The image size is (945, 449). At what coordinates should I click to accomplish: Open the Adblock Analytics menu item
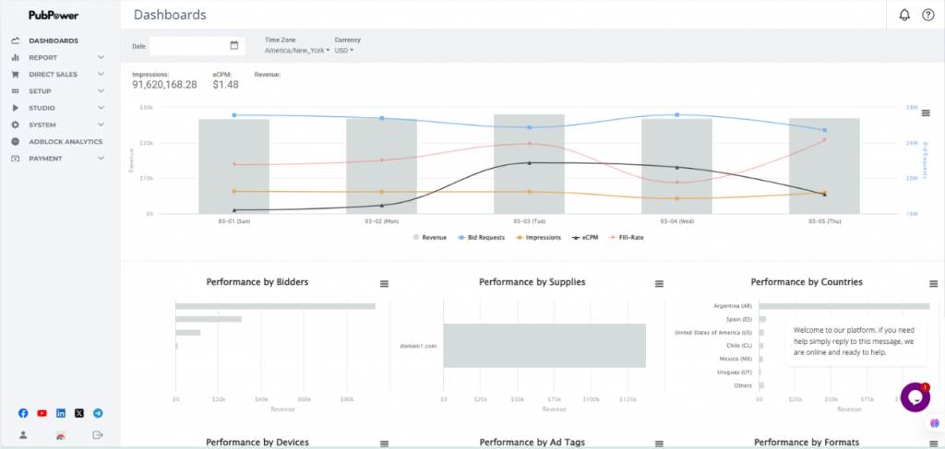click(65, 141)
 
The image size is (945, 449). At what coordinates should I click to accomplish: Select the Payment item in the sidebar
click(45, 159)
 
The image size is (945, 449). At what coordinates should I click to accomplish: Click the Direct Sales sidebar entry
click(53, 74)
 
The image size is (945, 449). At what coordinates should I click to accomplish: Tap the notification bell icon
click(904, 15)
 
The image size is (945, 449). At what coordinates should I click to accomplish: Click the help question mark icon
click(928, 15)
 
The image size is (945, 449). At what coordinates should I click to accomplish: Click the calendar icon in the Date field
click(234, 45)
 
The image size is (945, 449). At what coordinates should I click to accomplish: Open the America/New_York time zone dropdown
click(296, 51)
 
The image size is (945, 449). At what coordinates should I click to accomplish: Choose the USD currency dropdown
click(343, 51)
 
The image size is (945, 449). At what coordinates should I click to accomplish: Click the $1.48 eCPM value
click(225, 85)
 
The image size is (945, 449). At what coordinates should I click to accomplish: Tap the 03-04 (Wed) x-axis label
click(676, 221)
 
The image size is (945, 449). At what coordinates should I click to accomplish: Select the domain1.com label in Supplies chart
click(418, 346)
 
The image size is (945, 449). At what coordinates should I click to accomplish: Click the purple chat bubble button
click(915, 397)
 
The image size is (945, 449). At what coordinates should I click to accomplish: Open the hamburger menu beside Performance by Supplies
click(659, 284)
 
